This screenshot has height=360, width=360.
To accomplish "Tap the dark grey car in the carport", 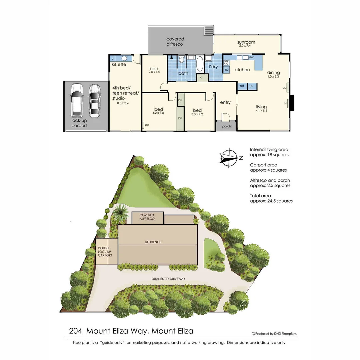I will coord(95,101).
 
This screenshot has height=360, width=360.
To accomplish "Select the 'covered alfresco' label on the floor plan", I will coord(175,41).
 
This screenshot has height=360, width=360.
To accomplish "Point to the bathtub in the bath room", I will coord(199,64).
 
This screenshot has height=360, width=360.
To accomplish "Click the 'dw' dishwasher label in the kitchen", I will coord(251,57).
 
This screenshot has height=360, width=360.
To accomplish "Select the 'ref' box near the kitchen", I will coord(242,86).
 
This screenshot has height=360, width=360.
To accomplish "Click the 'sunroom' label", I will coord(246,42).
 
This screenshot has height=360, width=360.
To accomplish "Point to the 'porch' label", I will coord(226,127).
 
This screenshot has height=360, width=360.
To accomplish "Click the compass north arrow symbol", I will coord(230,157).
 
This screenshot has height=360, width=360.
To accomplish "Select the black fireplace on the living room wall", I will coord(291,103).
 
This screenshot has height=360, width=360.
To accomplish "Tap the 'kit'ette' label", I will coord(119,64).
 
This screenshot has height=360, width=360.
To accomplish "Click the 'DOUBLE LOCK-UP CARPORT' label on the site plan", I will coord(105,252).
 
